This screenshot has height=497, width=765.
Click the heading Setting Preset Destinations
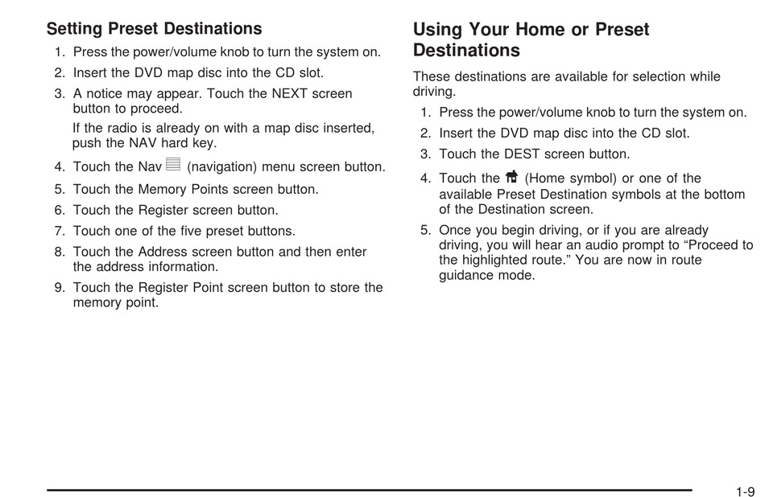pyautogui.click(x=154, y=29)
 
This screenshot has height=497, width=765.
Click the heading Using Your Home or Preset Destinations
pyautogui.click(x=531, y=39)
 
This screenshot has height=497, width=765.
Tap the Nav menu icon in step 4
pyautogui.click(x=173, y=164)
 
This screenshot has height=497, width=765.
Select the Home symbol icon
pyautogui.click(x=512, y=175)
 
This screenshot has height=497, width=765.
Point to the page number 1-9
pyautogui.click(x=745, y=491)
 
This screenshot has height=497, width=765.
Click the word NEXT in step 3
pyautogui.click(x=290, y=93)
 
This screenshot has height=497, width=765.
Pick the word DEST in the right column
pyautogui.click(x=522, y=154)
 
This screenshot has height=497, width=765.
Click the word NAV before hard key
pyautogui.click(x=143, y=143)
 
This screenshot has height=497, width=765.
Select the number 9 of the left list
pyautogui.click(x=59, y=287)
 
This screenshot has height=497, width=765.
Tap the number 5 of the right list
pyautogui.click(x=424, y=230)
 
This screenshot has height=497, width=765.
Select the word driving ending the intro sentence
pyautogui.click(x=434, y=92)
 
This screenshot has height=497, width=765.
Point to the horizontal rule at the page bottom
pyautogui.click(x=370, y=491)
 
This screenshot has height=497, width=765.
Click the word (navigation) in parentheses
pyautogui.click(x=222, y=167)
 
